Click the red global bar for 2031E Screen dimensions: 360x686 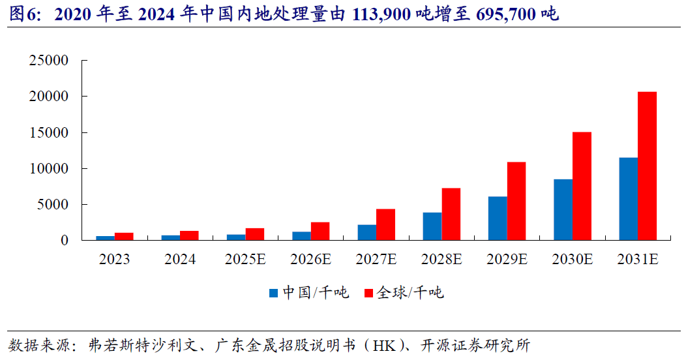point(647,166)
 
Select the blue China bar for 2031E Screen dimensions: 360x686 point(628,199)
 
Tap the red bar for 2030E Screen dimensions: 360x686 point(582,186)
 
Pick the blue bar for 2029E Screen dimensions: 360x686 point(498,218)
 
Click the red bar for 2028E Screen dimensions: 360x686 point(451,214)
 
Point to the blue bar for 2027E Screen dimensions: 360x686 point(366,232)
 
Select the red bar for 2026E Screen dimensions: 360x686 point(320,231)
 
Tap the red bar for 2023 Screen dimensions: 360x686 point(124,236)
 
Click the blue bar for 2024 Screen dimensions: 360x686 point(171,237)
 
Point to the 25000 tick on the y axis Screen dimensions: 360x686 point(49,61)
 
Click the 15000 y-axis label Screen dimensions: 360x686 point(49,132)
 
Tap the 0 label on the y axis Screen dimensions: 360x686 point(64,241)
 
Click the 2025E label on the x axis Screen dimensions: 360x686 point(245,260)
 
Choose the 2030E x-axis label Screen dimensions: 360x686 point(572,260)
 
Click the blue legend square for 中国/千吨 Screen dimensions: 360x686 point(274,293)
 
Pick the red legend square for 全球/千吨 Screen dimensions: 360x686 point(368,293)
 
